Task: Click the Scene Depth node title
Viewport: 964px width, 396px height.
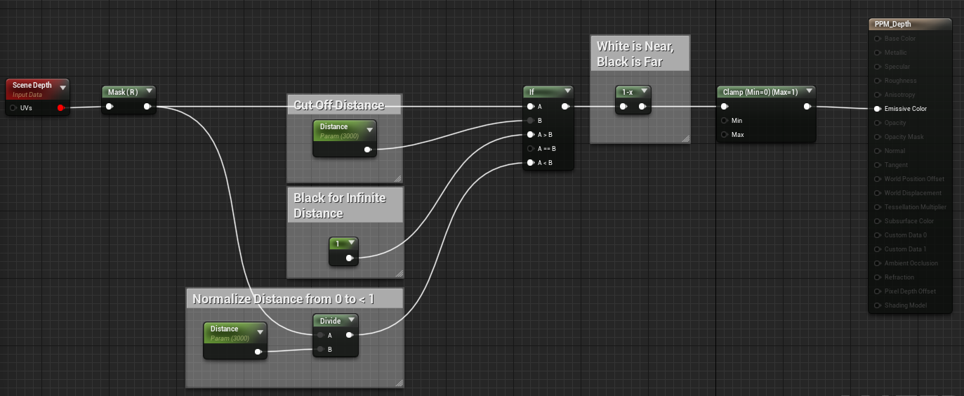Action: (x=32, y=86)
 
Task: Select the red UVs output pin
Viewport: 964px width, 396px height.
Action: (x=60, y=108)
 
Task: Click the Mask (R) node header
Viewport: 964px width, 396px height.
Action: (x=122, y=92)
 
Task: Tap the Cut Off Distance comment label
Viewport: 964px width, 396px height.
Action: (x=338, y=105)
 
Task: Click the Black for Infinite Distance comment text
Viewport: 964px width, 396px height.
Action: (x=340, y=205)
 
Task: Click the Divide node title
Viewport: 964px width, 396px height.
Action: (x=330, y=321)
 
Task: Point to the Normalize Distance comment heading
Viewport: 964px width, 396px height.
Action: (x=284, y=299)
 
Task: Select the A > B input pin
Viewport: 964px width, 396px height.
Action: (x=531, y=134)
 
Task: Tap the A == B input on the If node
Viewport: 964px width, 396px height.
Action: (x=531, y=148)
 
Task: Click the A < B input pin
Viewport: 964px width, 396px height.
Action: (x=531, y=163)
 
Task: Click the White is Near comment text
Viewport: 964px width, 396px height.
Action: (x=635, y=54)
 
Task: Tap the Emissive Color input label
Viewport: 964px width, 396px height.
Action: (x=905, y=109)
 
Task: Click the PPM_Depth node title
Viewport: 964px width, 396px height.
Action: (x=892, y=25)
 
